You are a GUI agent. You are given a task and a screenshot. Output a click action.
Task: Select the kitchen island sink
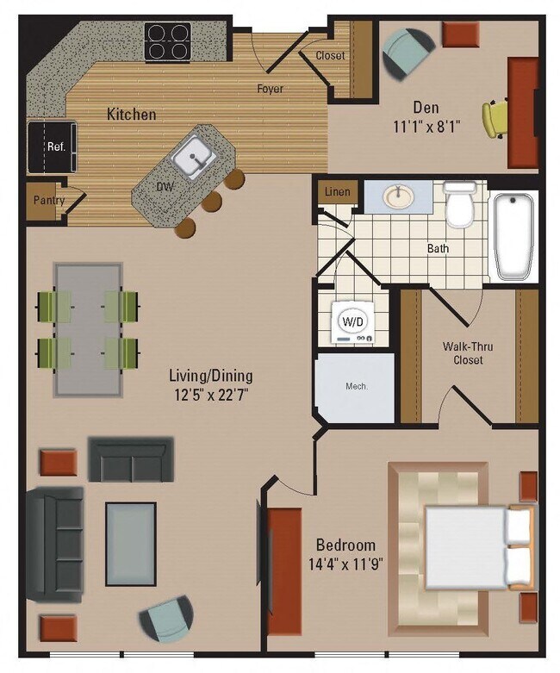pos(194,156)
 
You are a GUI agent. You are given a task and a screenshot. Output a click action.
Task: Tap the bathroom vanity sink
pos(397,197)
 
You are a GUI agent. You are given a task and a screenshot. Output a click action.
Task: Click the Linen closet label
pos(338,192)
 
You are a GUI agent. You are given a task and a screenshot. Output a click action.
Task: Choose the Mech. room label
pos(357,387)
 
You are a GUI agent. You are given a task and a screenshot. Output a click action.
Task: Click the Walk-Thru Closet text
pos(468,353)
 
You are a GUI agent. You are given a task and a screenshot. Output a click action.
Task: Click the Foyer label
pos(270,88)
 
